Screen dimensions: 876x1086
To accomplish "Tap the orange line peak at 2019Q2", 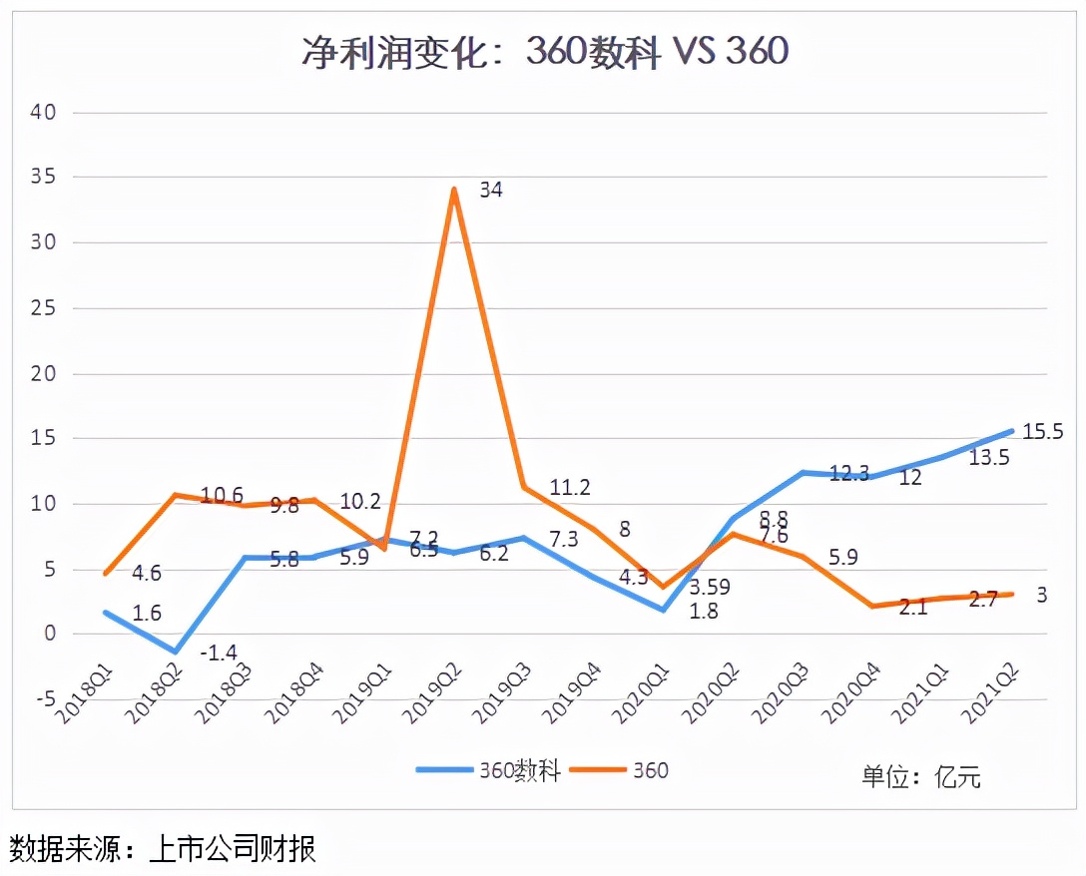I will coord(454,189).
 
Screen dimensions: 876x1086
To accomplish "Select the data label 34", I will coord(490,190).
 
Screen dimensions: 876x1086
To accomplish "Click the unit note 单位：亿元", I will coord(920,776).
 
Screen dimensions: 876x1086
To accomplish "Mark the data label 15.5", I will coord(1043,432).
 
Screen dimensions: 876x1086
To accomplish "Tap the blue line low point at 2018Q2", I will coord(176,652).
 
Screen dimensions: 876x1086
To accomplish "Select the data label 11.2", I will coord(569,487).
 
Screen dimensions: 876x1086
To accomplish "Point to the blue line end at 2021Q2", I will coord(1012,431).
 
